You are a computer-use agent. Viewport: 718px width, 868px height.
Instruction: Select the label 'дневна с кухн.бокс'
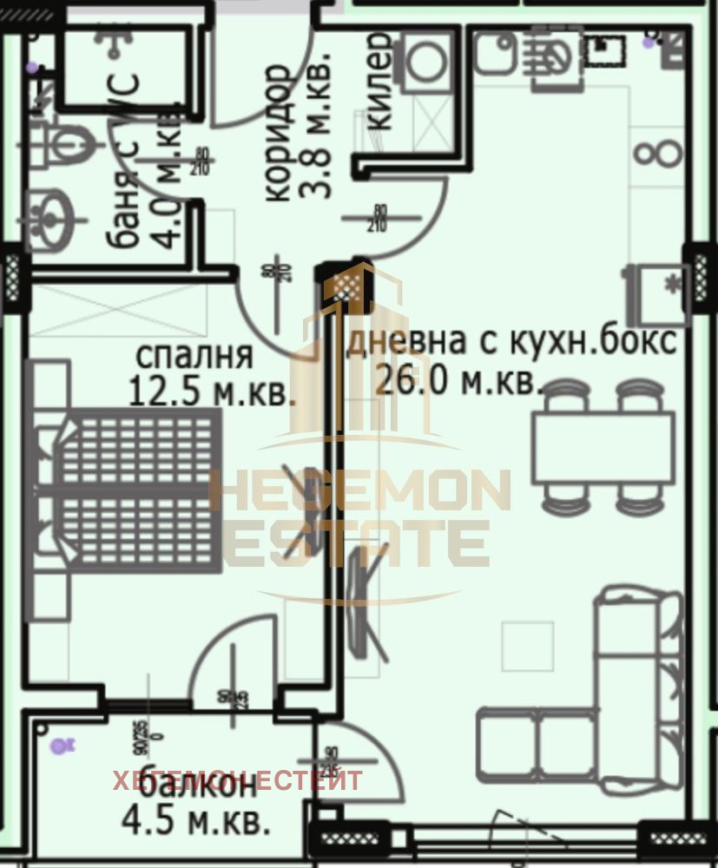[x=511, y=341]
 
